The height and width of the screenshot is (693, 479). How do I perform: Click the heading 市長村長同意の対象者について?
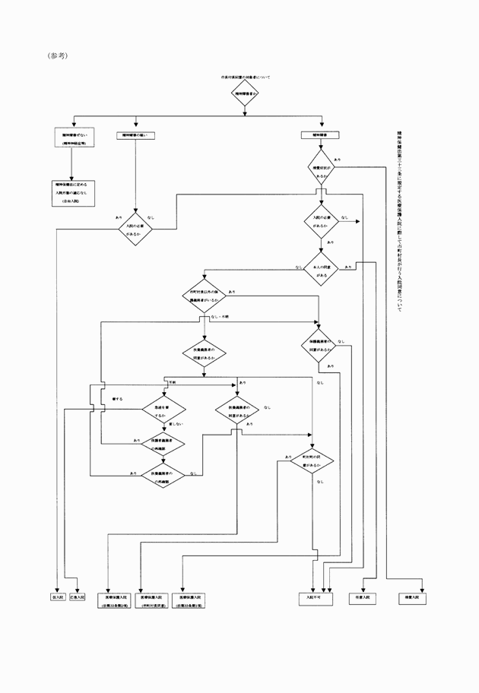click(x=245, y=78)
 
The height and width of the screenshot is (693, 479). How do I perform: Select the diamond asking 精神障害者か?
click(x=245, y=93)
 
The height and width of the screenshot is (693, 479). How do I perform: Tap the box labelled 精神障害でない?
click(x=74, y=138)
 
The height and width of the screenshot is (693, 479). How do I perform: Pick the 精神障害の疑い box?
click(x=135, y=134)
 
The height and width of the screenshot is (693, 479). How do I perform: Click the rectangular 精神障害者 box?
click(x=320, y=134)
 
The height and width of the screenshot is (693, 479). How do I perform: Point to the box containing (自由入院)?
click(x=74, y=188)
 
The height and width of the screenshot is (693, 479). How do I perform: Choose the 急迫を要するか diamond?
click(x=163, y=411)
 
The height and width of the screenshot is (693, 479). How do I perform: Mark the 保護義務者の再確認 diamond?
click(x=163, y=445)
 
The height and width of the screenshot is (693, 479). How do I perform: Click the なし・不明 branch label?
click(x=220, y=316)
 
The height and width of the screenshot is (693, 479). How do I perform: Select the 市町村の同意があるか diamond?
click(x=312, y=459)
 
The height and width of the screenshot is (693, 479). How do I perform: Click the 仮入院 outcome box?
click(x=57, y=597)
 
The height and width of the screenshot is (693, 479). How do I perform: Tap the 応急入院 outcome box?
click(x=77, y=597)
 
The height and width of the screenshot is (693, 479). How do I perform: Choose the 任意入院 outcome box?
click(x=363, y=598)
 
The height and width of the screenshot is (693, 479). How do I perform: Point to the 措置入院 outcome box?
click(x=411, y=598)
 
